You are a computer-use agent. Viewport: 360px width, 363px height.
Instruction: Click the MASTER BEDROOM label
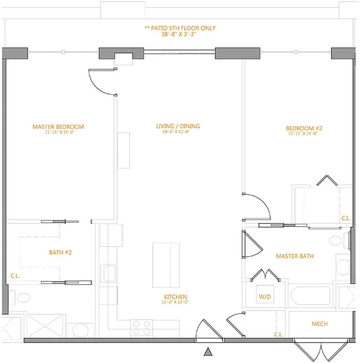[x=58, y=127]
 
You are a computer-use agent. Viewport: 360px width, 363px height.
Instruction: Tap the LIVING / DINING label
[x=178, y=126]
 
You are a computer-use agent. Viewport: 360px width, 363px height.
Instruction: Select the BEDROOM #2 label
[x=304, y=128]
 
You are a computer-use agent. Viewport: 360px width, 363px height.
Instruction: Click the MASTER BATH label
[x=295, y=256]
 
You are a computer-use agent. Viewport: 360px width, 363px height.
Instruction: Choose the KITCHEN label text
[x=175, y=297]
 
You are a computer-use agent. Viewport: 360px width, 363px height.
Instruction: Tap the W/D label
[x=265, y=296]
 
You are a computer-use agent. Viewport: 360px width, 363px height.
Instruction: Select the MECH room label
[x=320, y=324]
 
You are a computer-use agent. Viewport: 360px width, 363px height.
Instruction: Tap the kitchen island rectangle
[x=167, y=259]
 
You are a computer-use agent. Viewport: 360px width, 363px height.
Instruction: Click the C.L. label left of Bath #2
[x=15, y=276]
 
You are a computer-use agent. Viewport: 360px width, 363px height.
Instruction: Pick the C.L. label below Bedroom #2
[x=347, y=219]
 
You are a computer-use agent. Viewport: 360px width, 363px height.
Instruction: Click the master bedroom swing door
[x=102, y=82]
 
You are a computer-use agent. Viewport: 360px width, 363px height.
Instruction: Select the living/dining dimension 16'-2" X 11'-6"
[x=178, y=132]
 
